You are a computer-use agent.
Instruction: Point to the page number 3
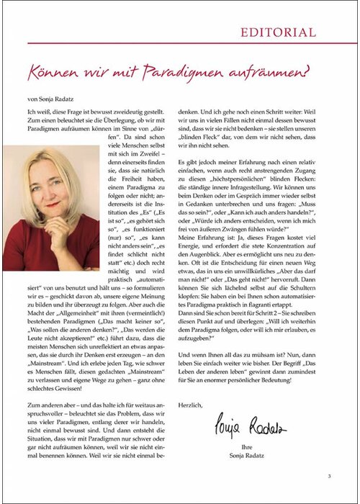tap(328, 476)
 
